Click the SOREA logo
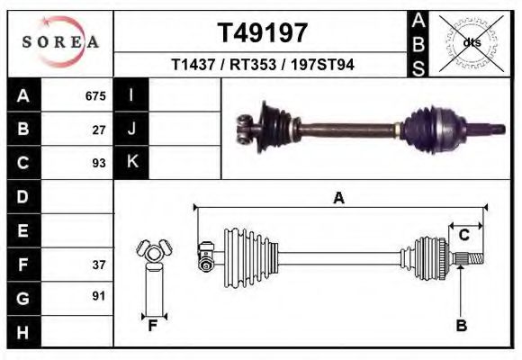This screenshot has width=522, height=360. [60, 41]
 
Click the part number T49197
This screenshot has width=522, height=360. [263, 33]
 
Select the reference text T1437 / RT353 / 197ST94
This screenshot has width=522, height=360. [263, 66]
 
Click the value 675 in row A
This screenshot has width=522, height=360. [95, 96]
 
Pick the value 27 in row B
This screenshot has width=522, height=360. [99, 130]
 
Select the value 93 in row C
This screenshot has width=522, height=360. [99, 163]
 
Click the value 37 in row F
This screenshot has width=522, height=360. [99, 265]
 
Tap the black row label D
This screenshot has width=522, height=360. [22, 196]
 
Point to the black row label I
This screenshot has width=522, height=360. [131, 96]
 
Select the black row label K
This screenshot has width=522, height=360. [131, 162]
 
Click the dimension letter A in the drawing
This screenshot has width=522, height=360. [339, 198]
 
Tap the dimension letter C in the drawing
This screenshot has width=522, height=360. [464, 235]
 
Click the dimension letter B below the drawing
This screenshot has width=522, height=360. [461, 326]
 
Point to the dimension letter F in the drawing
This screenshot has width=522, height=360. [153, 326]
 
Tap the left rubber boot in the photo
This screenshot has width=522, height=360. [273, 126]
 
